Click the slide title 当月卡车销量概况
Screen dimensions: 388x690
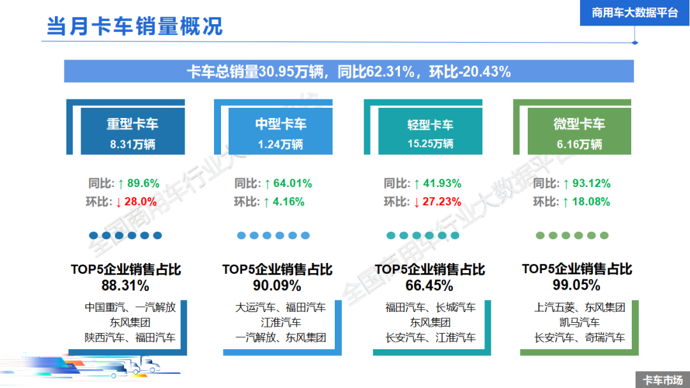point(134,26)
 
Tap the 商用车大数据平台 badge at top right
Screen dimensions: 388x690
point(634,12)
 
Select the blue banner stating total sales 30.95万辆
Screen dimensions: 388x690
point(348,71)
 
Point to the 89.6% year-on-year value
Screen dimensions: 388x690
point(143,184)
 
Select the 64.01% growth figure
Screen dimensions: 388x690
point(293,184)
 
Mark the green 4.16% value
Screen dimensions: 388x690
point(289,202)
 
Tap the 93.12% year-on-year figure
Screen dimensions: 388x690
point(591,184)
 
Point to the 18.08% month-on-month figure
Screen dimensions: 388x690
point(591,202)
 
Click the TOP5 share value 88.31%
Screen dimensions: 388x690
point(125,285)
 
